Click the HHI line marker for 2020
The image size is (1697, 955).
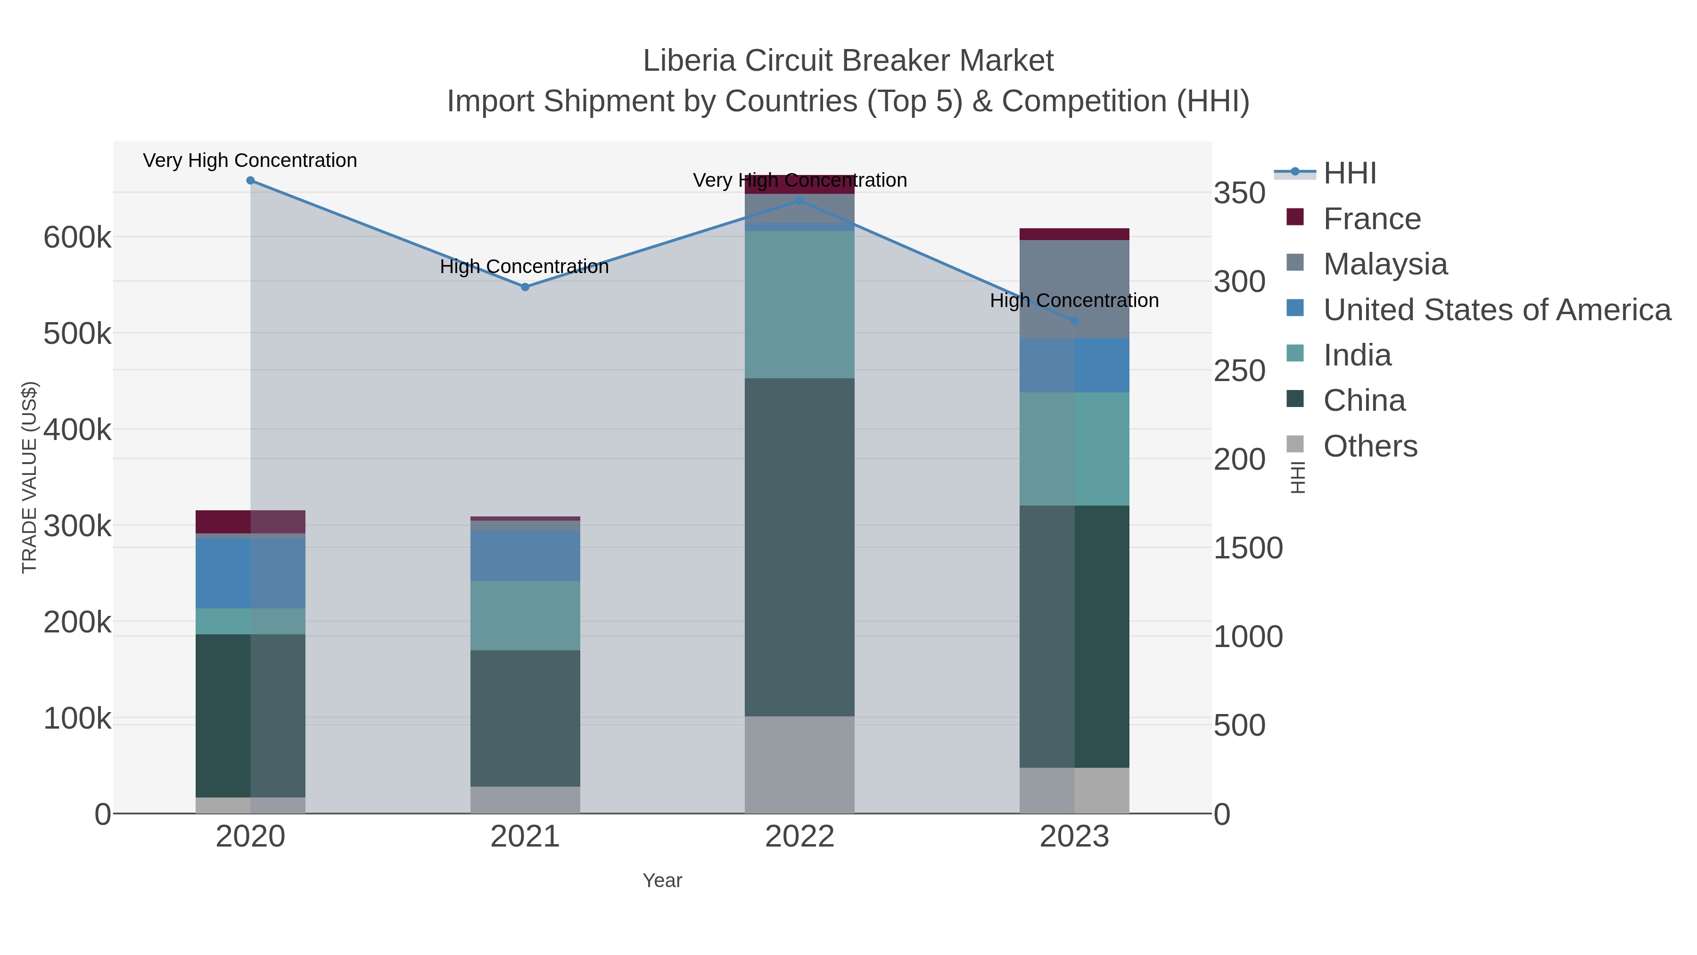point(250,181)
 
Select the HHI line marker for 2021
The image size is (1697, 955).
point(525,287)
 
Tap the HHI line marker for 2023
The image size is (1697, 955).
point(1074,321)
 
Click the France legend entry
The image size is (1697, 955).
point(1372,219)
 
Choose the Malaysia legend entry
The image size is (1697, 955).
point(1385,264)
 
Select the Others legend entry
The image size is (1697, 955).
point(1369,446)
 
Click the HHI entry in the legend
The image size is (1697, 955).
point(1349,174)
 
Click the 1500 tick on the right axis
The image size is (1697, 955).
point(1248,548)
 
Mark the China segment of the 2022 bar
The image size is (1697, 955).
point(800,547)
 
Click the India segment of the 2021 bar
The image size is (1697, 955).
point(525,615)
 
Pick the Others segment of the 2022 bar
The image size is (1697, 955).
point(800,764)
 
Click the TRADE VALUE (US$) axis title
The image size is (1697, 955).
point(30,477)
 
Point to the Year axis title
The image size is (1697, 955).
point(662,880)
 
